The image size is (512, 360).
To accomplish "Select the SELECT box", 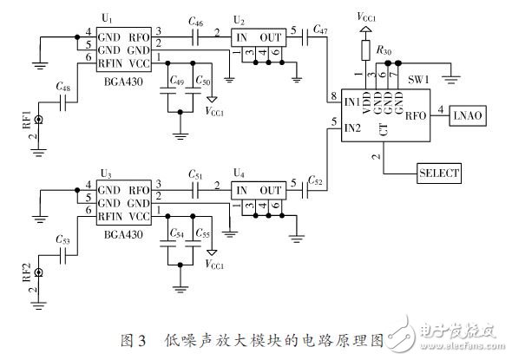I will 438,172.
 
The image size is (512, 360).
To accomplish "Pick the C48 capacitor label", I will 62,88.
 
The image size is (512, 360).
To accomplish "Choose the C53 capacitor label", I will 62,239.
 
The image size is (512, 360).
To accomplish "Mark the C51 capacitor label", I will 196,173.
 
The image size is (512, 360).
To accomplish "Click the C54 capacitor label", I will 176,234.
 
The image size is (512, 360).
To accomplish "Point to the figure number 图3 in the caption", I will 145,340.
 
